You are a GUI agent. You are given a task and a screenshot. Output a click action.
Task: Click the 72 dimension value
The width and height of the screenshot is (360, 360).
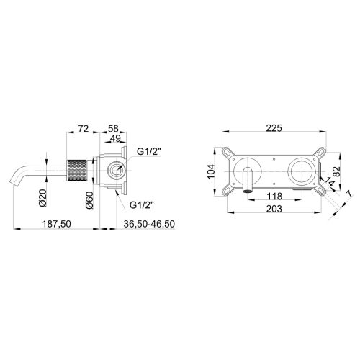[84, 129]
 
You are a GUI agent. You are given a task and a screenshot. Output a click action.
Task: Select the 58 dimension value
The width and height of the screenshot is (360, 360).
[113, 129]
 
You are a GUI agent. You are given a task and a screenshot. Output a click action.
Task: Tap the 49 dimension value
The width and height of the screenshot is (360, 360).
[115, 138]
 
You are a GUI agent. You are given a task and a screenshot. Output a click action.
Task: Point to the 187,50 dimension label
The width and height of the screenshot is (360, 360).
[57, 224]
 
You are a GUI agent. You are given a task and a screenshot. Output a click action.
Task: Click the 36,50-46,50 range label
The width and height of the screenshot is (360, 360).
[149, 224]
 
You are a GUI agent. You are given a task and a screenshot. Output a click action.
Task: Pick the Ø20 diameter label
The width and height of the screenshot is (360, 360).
[43, 198]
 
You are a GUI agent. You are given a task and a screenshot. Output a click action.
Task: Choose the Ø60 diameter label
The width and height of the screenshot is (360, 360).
[89, 200]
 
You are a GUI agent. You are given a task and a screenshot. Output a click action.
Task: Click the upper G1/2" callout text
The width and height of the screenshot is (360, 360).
[149, 152]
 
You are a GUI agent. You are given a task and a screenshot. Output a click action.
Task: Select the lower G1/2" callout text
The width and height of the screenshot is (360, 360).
[142, 205]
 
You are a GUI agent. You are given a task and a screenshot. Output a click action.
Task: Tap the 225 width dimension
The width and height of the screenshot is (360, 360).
[274, 128]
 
